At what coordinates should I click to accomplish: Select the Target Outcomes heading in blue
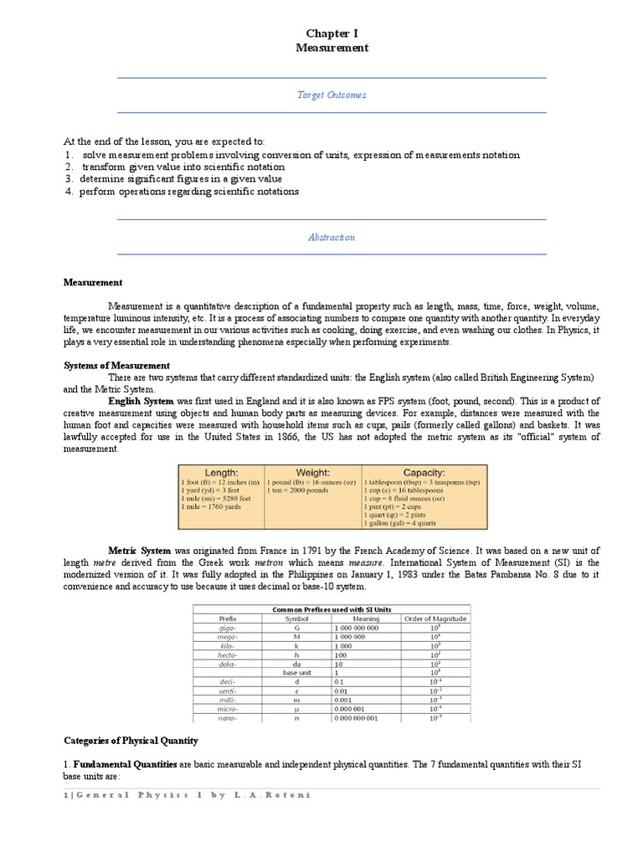pos(332,95)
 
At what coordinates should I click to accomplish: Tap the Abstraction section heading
pos(332,238)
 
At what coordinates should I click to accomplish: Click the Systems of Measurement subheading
pos(117,366)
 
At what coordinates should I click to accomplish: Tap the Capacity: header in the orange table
pos(424,471)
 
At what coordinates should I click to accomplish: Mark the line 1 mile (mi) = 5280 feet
pos(215,499)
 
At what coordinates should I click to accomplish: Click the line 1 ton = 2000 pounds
pos(300,490)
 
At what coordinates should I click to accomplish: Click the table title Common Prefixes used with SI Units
pos(332,609)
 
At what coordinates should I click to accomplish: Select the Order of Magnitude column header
pos(435,618)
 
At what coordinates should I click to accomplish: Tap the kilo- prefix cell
pos(228,646)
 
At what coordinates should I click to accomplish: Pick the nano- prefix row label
pos(228,717)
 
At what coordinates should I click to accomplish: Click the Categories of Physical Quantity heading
pos(131,741)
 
